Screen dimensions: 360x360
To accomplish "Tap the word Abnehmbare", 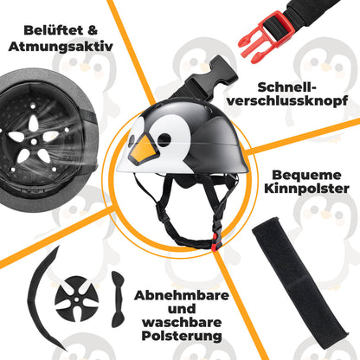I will [x=183, y=296].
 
